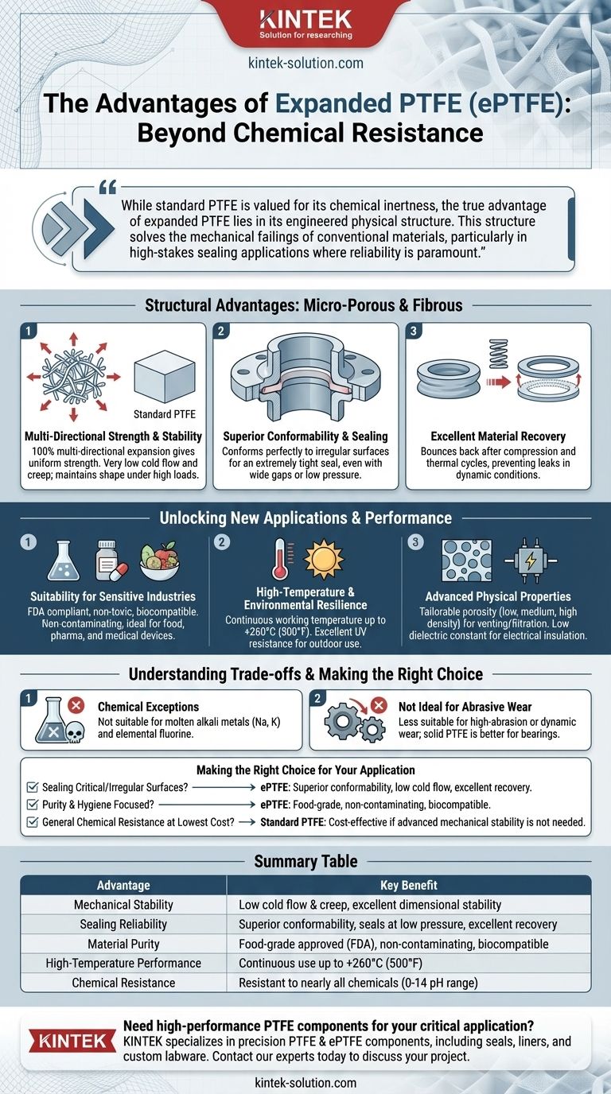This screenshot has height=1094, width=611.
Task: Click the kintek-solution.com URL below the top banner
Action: (x=305, y=63)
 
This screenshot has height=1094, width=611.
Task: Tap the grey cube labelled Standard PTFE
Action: (x=165, y=377)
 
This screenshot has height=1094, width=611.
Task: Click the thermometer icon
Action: (x=281, y=559)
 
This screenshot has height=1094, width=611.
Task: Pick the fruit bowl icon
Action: (x=159, y=561)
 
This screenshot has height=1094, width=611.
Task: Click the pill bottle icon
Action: (x=111, y=561)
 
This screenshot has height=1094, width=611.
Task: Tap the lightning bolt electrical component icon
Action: (x=531, y=561)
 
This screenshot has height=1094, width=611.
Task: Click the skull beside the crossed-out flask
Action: (x=75, y=733)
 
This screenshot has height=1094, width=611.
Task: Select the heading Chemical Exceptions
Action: (x=148, y=707)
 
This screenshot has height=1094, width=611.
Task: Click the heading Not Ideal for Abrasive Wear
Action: (x=465, y=707)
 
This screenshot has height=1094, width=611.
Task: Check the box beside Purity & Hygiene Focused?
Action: (x=33, y=805)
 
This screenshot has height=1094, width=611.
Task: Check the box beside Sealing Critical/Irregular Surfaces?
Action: (x=33, y=787)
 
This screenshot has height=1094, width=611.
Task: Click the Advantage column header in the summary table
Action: (x=123, y=885)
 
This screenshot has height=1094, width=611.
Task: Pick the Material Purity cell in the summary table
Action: (x=123, y=944)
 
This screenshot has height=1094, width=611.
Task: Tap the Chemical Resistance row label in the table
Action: (x=123, y=983)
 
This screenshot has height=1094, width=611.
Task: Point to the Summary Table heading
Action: (x=305, y=861)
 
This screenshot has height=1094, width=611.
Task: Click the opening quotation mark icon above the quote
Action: (x=107, y=187)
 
